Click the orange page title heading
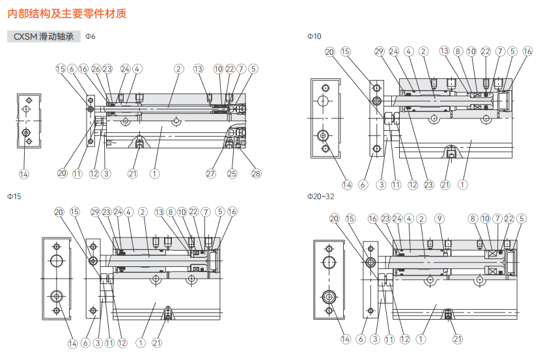(67, 12)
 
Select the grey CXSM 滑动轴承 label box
(44, 36)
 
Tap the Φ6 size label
(90, 36)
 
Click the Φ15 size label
(14, 196)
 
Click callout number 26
(95, 68)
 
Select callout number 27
(211, 174)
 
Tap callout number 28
(256, 174)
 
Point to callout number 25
(232, 174)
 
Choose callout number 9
(439, 219)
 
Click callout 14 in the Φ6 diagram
(24, 174)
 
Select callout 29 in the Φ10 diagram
(380, 51)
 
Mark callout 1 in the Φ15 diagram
(141, 342)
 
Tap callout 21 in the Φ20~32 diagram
(457, 339)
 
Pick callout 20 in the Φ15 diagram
(59, 212)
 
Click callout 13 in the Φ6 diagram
(199, 68)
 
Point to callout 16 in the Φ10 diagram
(527, 51)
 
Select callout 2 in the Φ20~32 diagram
(422, 219)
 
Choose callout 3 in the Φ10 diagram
(381, 185)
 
